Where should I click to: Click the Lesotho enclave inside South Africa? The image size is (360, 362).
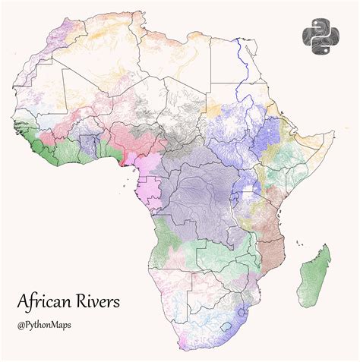(225, 327)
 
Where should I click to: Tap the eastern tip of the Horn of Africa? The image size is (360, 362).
(333, 135)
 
